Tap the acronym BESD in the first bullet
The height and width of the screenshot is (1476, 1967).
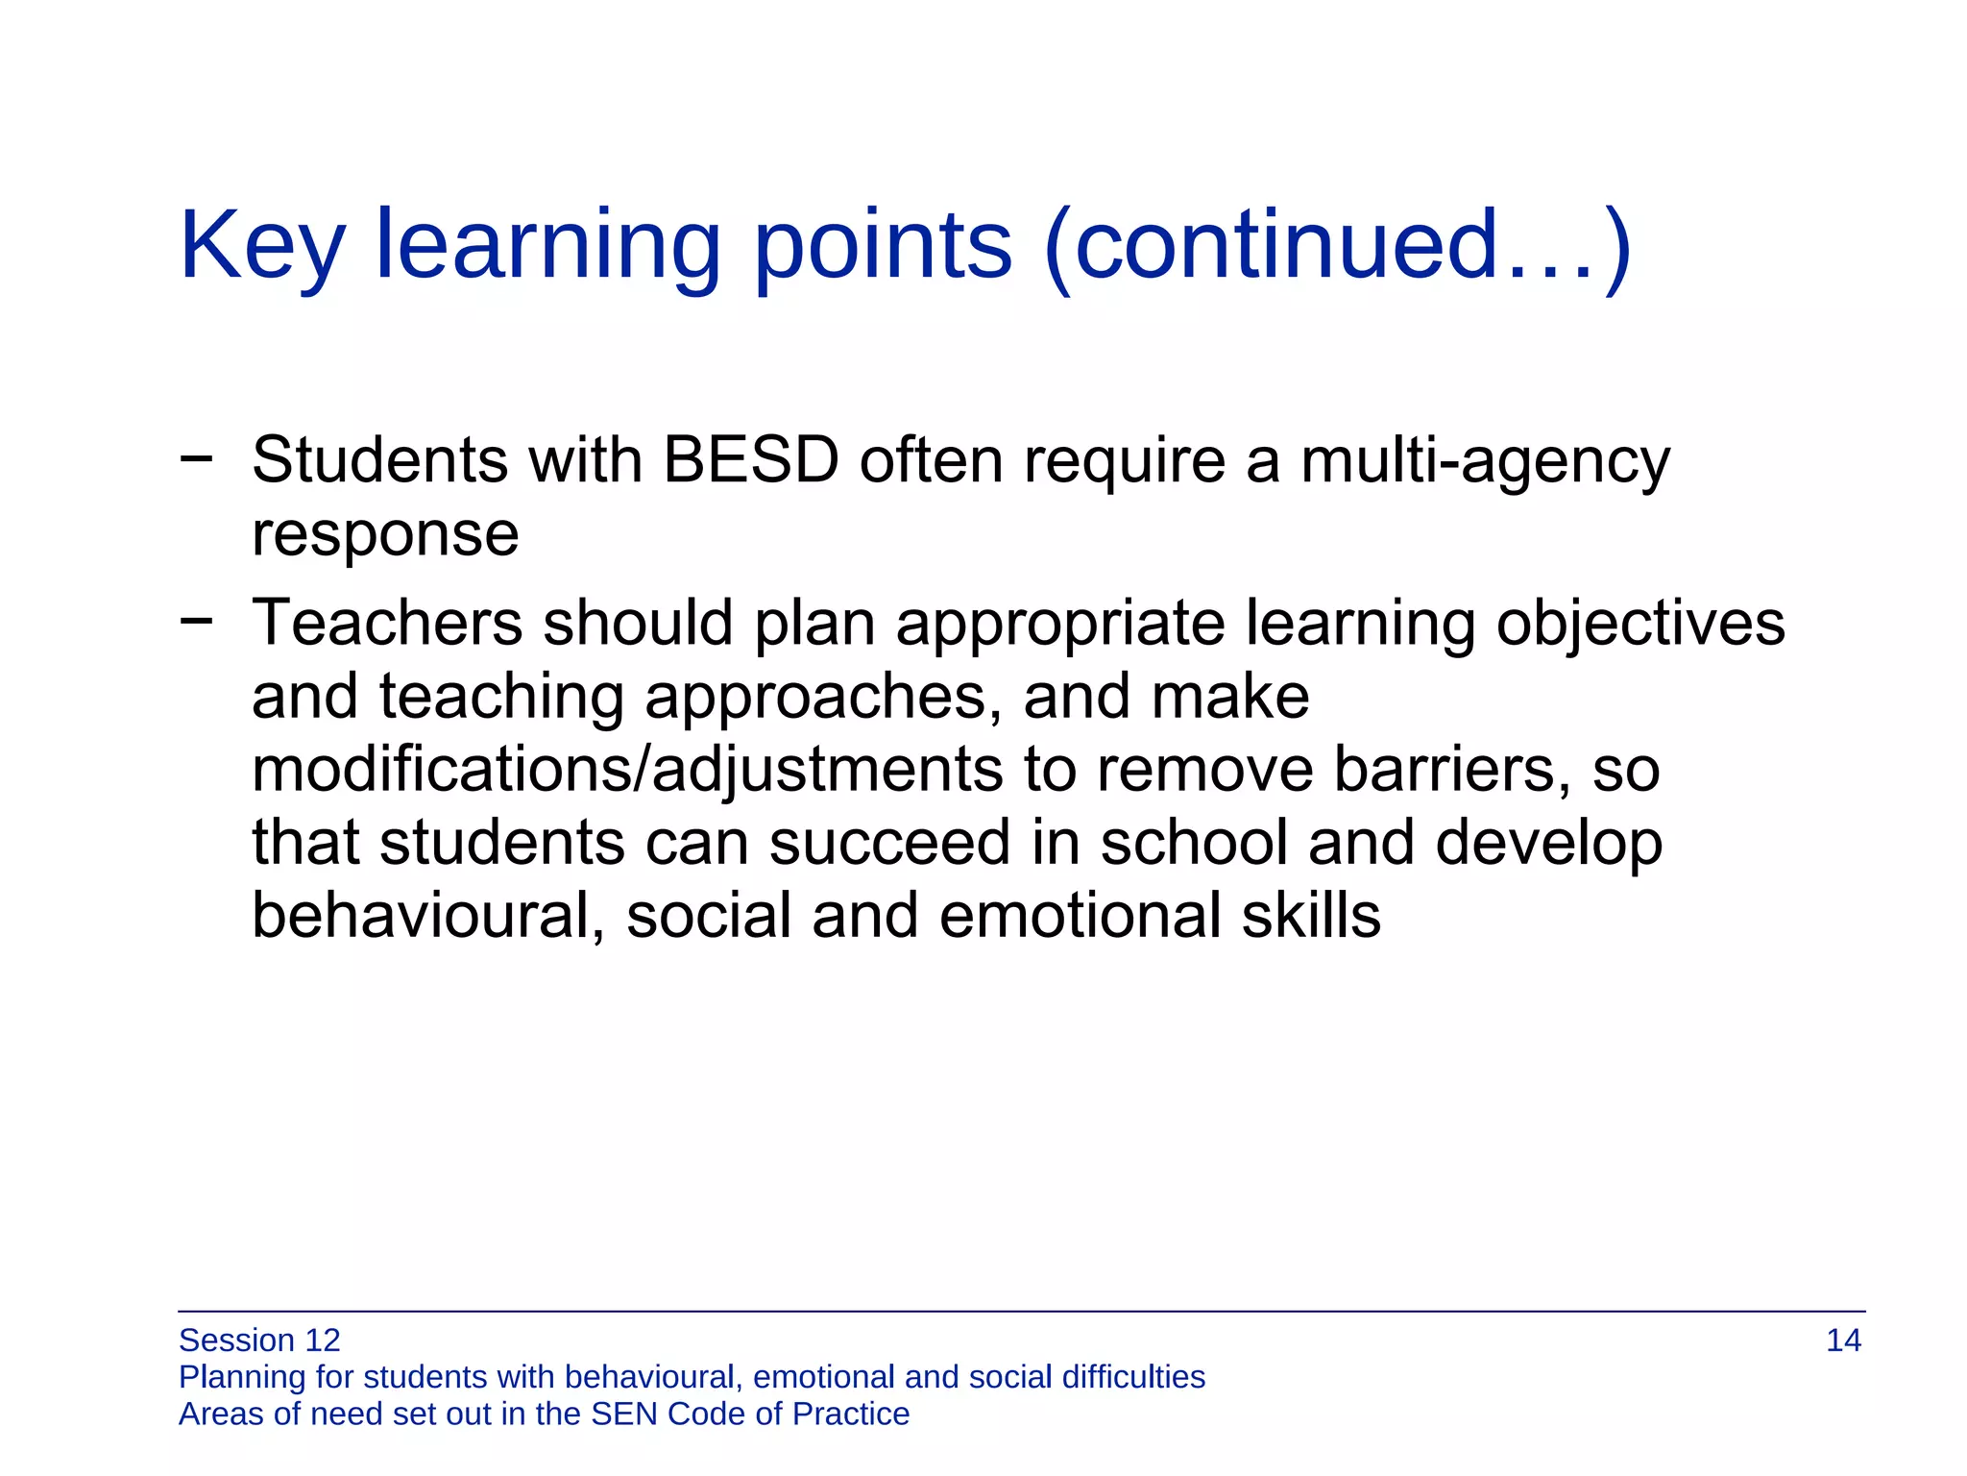pyautogui.click(x=751, y=460)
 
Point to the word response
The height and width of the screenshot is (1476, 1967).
pyautogui.click(x=385, y=535)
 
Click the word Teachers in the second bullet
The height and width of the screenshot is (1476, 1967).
pyautogui.click(x=387, y=623)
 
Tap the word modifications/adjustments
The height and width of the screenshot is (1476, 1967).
pyautogui.click(x=627, y=771)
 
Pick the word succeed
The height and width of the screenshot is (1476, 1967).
pyautogui.click(x=889, y=843)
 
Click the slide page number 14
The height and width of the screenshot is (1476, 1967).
pyautogui.click(x=1843, y=1341)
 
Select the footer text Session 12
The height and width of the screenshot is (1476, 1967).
pyautogui.click(x=259, y=1341)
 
